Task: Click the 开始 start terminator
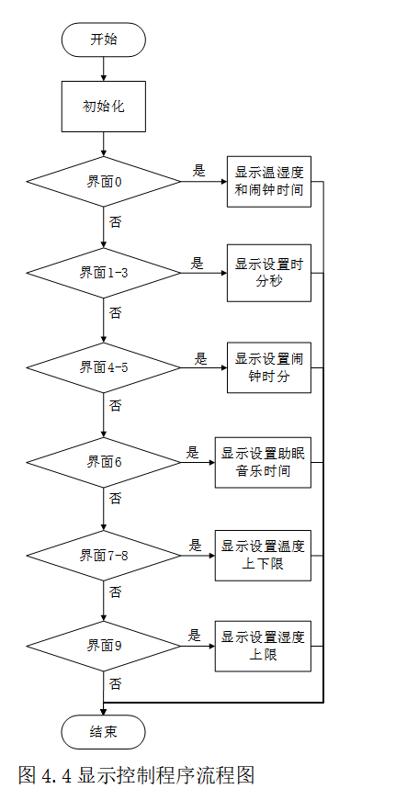(103, 39)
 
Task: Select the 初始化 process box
(103, 106)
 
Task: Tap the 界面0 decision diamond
(104, 180)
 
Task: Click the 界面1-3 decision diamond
(104, 273)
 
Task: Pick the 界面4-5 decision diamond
(104, 366)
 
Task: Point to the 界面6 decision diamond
(104, 461)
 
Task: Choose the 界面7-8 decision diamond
(104, 554)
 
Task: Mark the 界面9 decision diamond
(104, 647)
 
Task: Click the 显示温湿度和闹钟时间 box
(268, 181)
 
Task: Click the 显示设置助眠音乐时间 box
(264, 461)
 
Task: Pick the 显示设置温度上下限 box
(264, 554)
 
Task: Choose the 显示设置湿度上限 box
(264, 647)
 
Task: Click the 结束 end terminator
(103, 732)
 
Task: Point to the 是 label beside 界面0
(198, 170)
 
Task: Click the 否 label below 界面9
(116, 684)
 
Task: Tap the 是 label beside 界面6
(193, 452)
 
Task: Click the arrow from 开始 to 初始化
(103, 67)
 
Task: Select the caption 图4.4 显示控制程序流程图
(136, 774)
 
